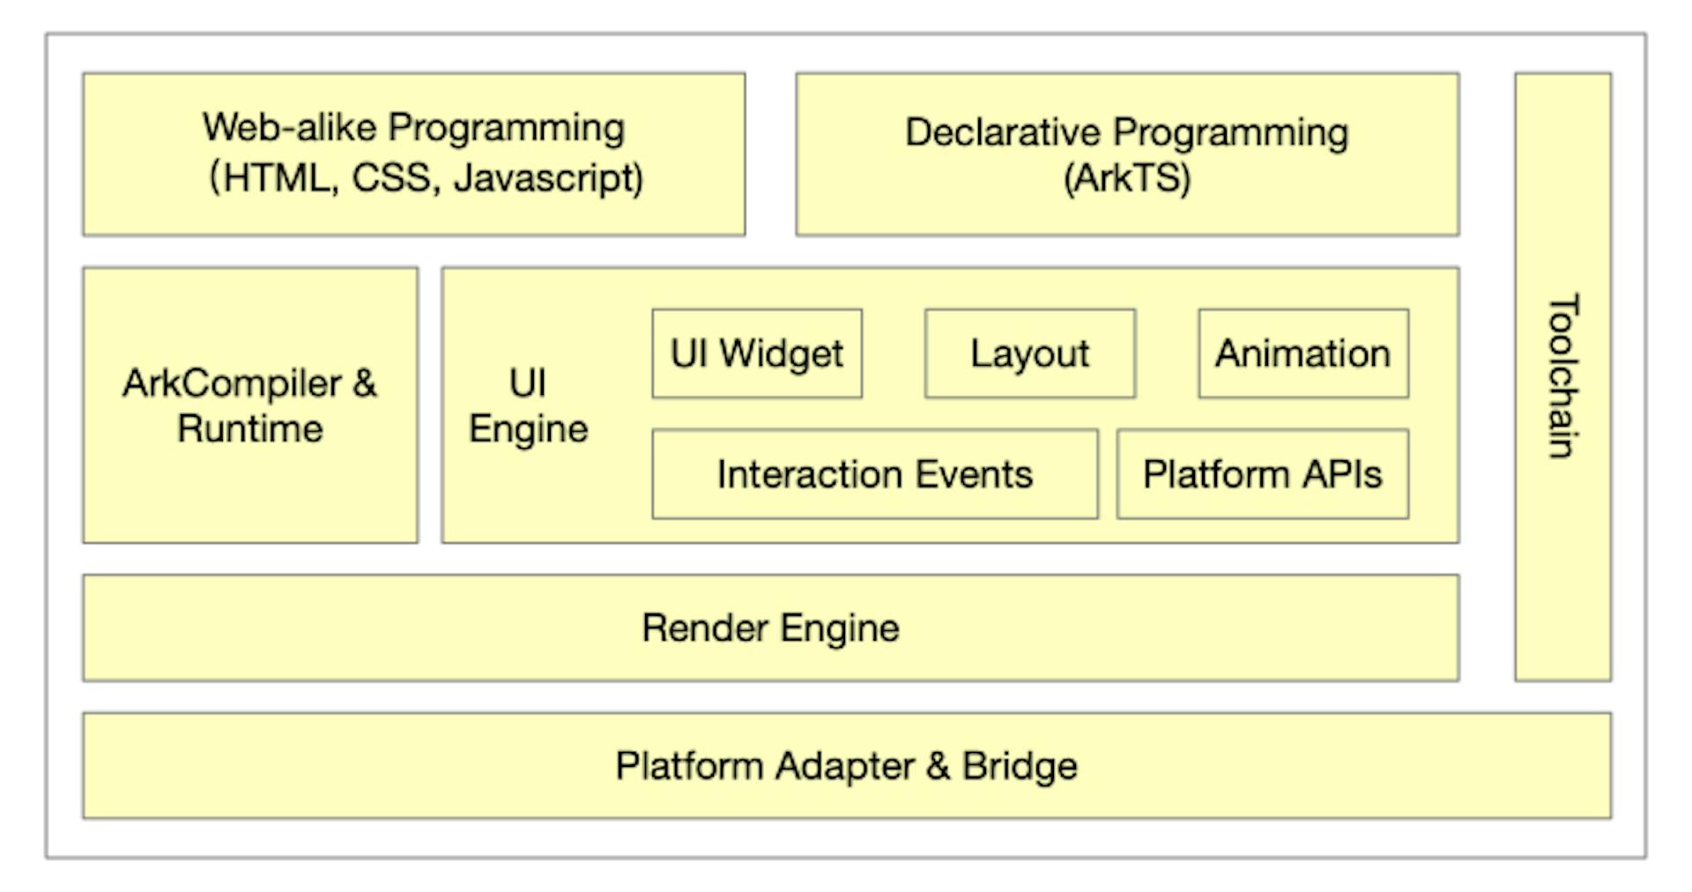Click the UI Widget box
pos(756,353)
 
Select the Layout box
pos(1029,353)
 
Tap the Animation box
pos(1302,353)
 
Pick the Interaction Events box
pos(874,474)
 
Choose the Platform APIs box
pos(1262,474)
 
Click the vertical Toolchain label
pos(1562,376)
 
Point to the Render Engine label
pos(770,628)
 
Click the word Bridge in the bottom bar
pos(1020,766)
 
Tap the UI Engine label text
pos(528,406)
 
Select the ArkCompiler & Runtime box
pos(250,405)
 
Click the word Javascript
pos(547,178)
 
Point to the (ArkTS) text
pos(1127,178)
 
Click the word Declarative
pos(1003,132)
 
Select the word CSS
pos(391,178)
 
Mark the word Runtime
pos(250,429)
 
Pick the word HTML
pos(276,178)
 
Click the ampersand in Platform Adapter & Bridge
pos(938,766)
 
